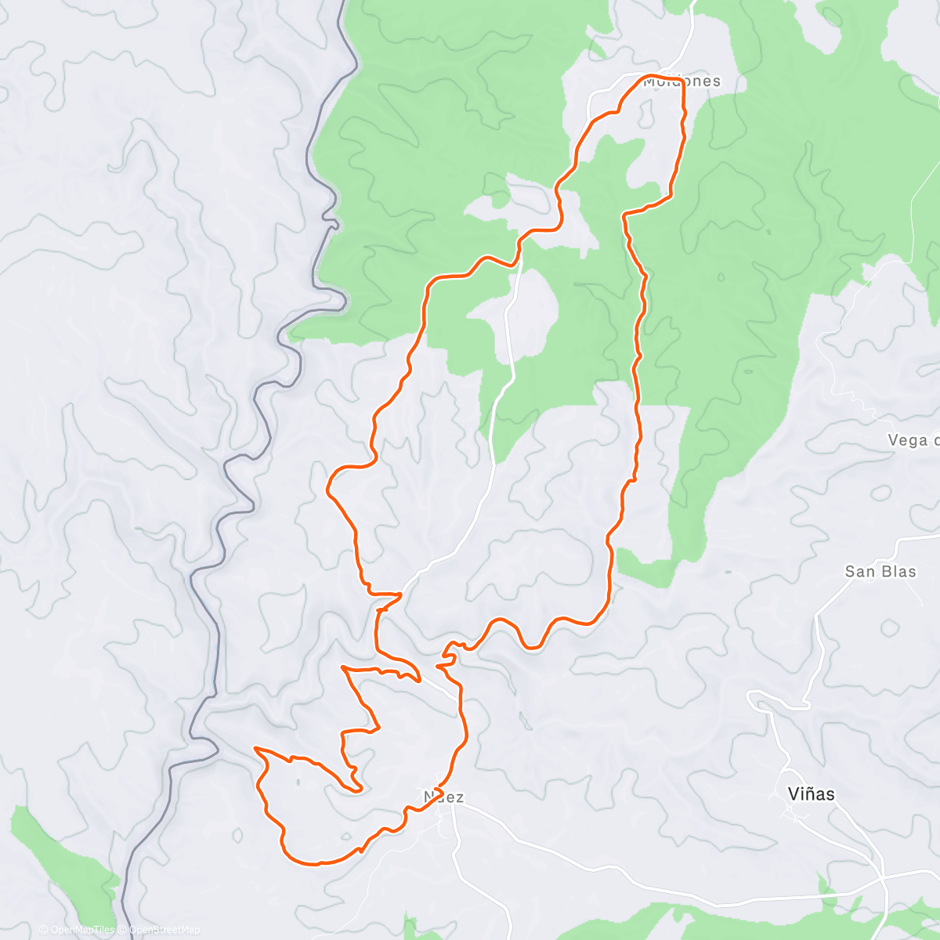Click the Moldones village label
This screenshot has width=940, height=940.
tap(681, 81)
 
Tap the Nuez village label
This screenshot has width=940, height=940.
tap(444, 797)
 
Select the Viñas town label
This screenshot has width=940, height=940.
tap(811, 794)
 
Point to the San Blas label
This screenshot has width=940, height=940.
tap(880, 572)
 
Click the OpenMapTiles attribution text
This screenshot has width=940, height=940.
tap(76, 930)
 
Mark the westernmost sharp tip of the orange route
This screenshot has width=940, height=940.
tap(256, 749)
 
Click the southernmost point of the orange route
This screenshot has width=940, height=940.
tap(313, 864)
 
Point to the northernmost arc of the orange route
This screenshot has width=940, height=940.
tap(654, 76)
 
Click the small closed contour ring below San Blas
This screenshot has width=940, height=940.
tap(891, 627)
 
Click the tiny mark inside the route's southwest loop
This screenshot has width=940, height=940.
tap(297, 780)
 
